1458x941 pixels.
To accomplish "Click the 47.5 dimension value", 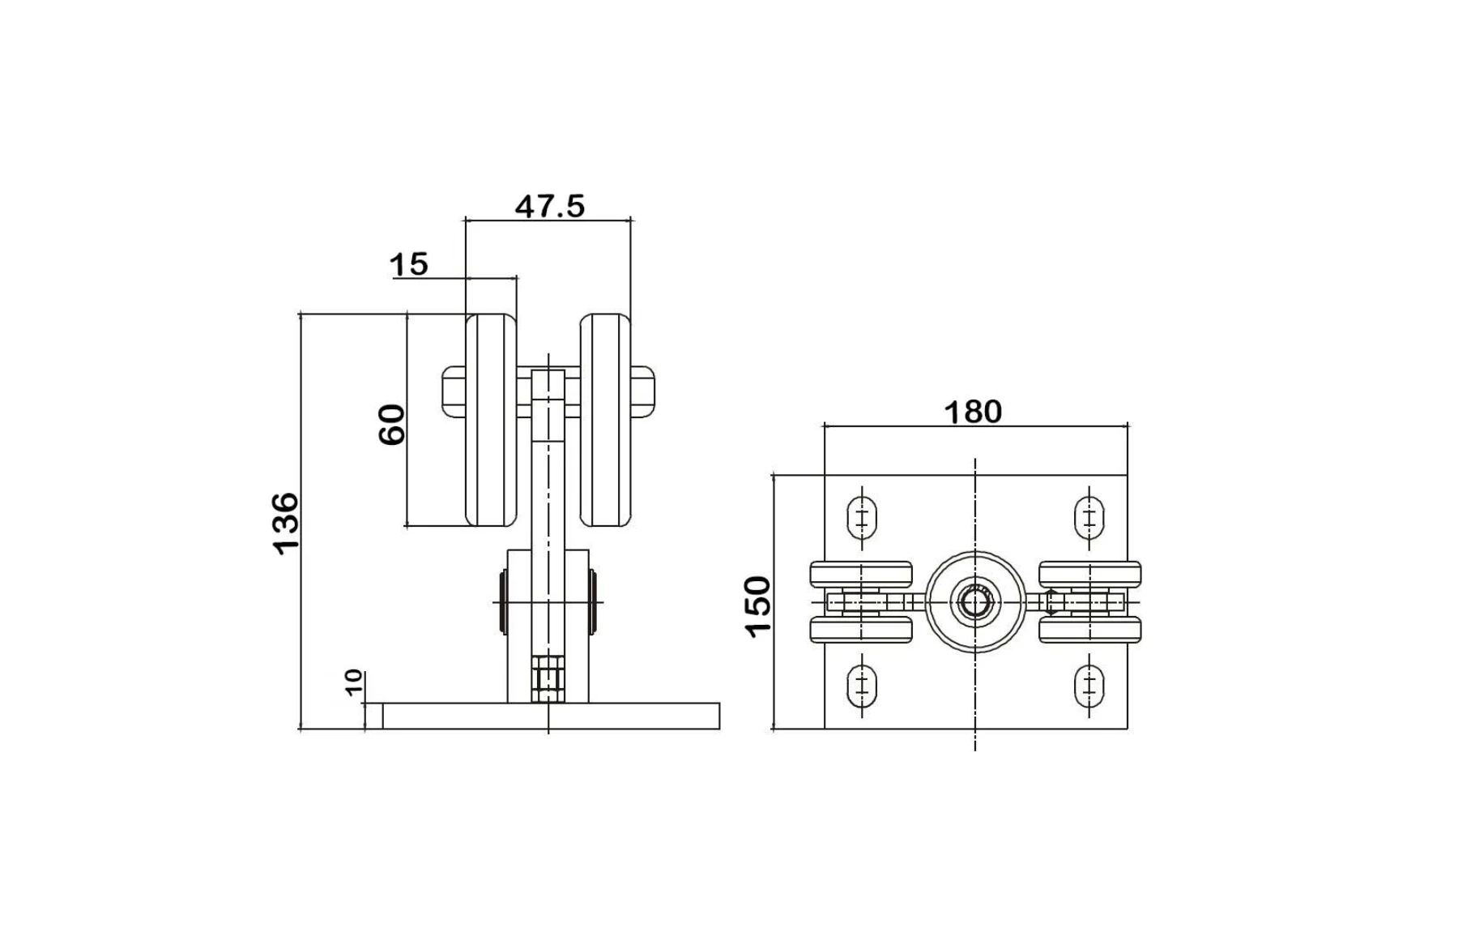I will (549, 207).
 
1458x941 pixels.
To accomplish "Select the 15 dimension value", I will (409, 264).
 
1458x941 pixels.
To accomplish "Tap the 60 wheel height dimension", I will (392, 424).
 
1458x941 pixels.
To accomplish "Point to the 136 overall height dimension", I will (286, 523).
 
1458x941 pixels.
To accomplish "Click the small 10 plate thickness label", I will (354, 682).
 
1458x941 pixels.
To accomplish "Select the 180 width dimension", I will (973, 413).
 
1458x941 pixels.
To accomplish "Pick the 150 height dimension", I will (759, 606).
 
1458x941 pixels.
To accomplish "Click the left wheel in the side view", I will (491, 420).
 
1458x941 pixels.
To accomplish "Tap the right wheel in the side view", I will (605, 420).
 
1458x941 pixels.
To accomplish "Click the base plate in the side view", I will (551, 716).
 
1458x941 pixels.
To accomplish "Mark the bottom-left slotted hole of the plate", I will (862, 687).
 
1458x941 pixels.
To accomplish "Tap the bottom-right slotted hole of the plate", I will (1089, 687).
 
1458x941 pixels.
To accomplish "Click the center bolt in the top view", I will (975, 603).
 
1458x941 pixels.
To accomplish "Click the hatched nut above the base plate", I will (548, 678).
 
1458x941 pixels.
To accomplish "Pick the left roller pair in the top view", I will (861, 602).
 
